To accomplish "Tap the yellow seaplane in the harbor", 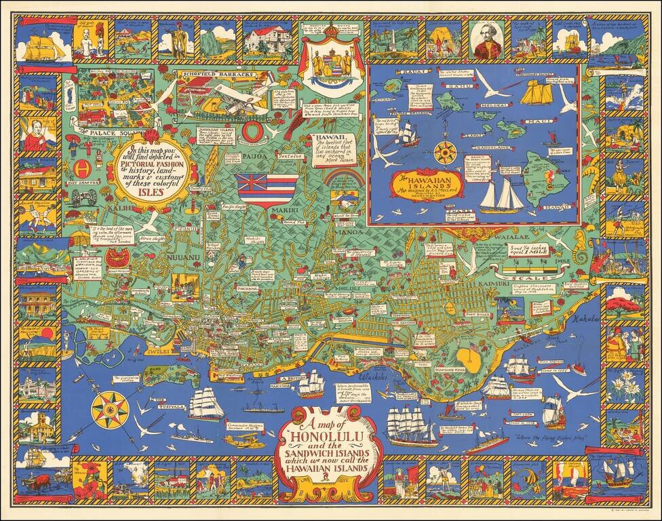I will click(240, 441).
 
